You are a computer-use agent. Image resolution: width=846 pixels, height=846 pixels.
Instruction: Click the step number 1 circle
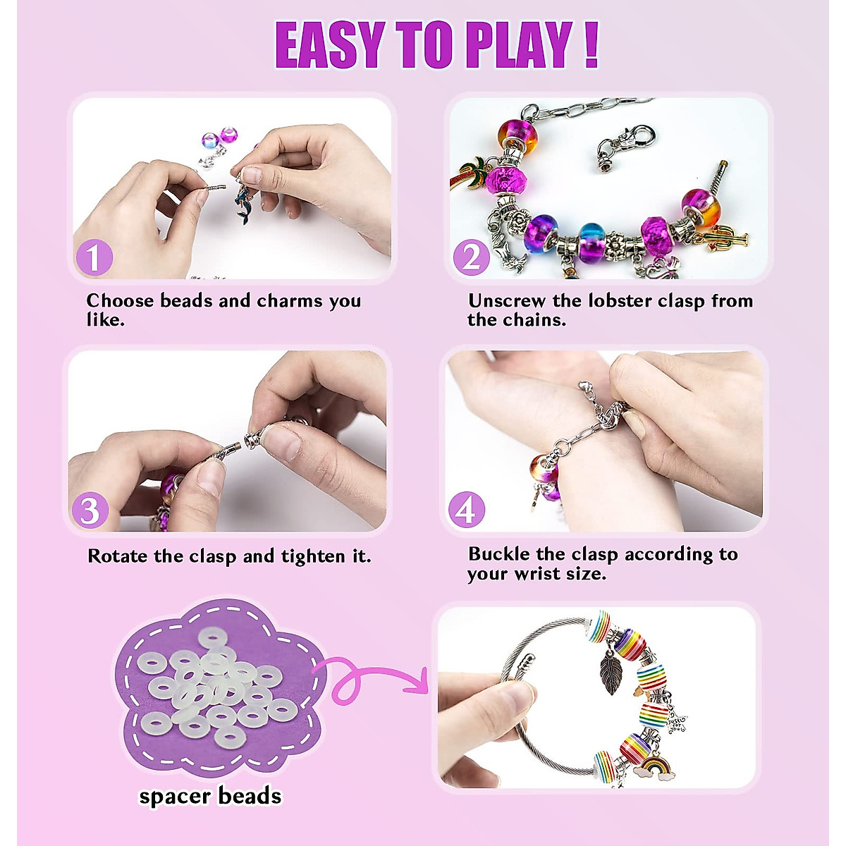click(93, 258)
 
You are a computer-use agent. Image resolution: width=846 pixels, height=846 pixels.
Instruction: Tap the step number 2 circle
click(470, 258)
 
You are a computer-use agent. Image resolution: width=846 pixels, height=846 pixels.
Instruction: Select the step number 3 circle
click(90, 511)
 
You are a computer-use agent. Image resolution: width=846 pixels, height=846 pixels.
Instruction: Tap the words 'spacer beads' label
click(210, 797)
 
